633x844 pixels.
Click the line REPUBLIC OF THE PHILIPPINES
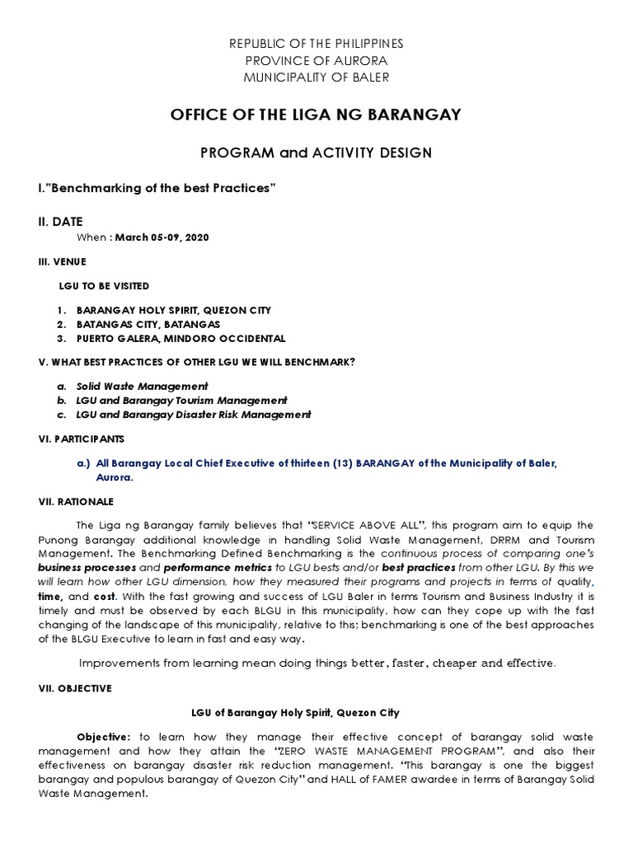(316, 44)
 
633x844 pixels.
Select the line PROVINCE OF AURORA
(316, 61)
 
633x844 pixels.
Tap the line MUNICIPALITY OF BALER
(316, 77)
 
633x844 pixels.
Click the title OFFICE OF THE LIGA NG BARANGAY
(316, 115)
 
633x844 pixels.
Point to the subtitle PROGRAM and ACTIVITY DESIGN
(316, 152)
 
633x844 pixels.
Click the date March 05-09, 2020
(162, 237)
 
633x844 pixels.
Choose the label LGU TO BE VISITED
(104, 286)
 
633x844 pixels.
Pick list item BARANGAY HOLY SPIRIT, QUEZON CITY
(173, 310)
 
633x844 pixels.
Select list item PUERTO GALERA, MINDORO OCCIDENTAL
(181, 339)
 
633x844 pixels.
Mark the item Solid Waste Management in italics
(142, 386)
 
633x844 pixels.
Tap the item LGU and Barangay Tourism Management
(181, 401)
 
